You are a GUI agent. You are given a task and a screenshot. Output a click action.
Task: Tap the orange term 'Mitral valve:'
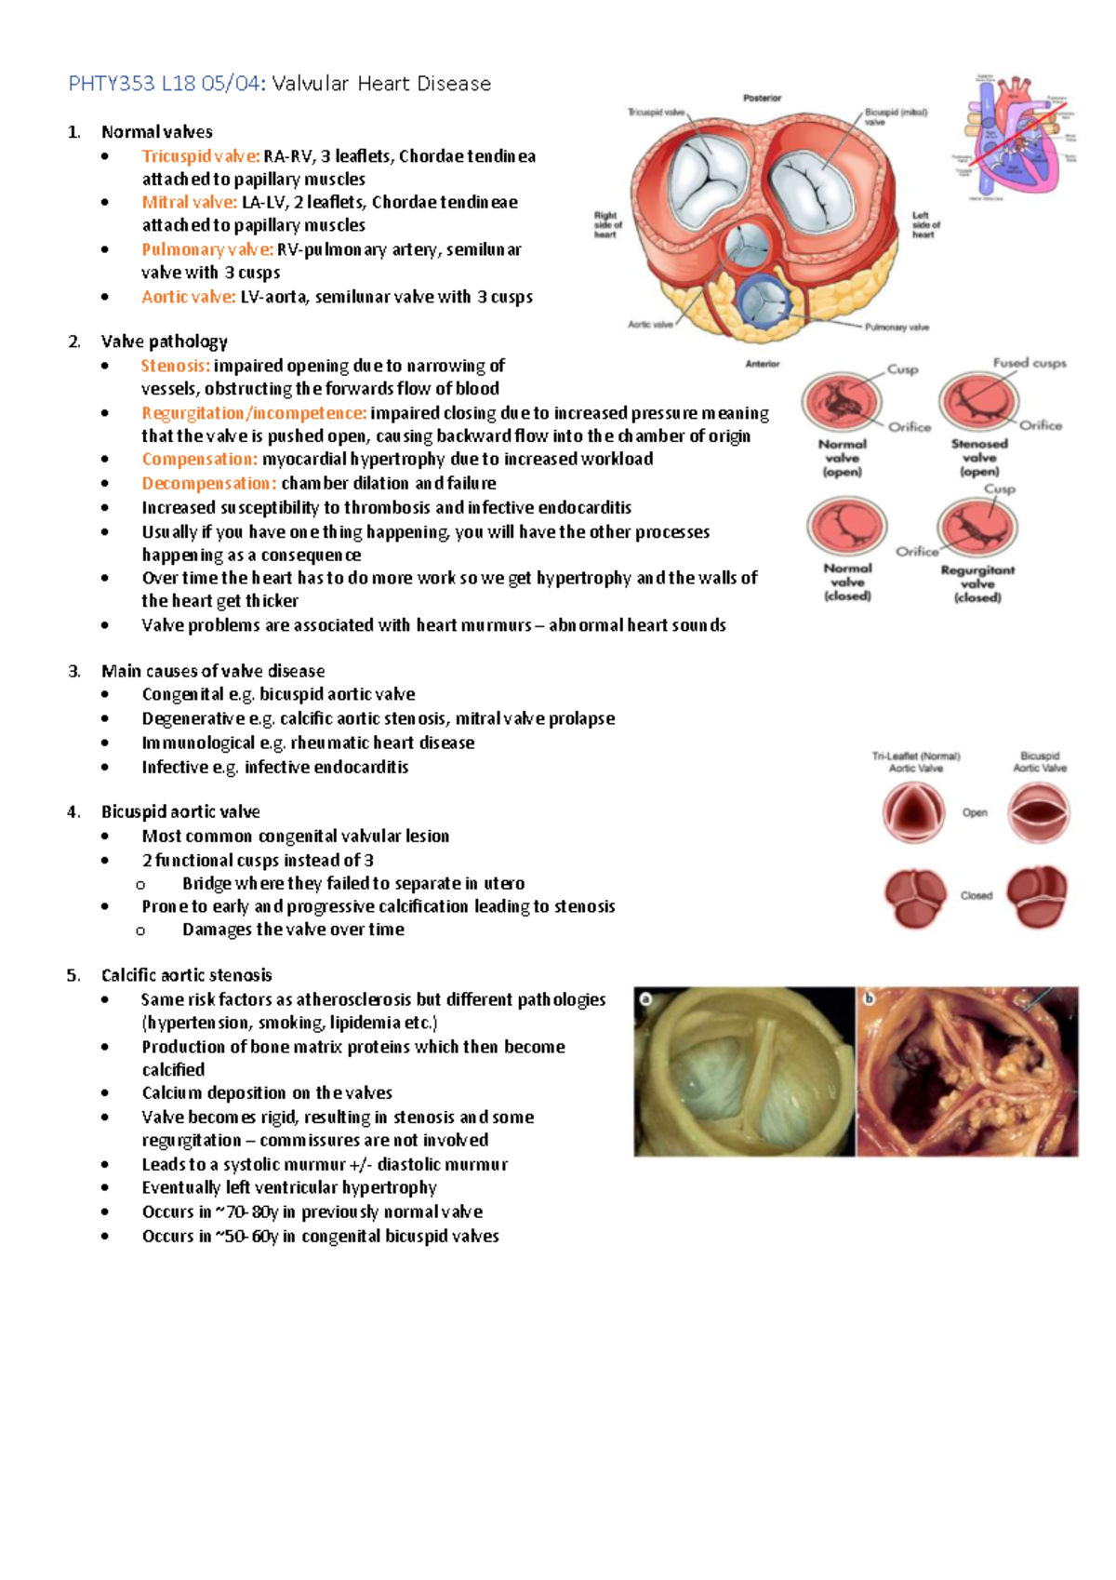coord(189,202)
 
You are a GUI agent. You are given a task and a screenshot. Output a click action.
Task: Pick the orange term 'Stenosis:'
coord(175,366)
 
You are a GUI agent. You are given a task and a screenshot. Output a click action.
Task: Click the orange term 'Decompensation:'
coord(208,483)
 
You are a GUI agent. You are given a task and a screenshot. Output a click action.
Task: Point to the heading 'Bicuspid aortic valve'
coord(180,811)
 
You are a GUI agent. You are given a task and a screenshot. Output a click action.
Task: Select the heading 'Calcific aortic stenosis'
coord(186,975)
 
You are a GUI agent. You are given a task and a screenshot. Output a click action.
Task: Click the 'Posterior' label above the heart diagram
coord(762,98)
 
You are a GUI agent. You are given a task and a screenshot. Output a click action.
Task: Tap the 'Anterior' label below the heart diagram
coord(762,364)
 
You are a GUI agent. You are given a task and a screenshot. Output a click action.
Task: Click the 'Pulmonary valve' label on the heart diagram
coord(897,328)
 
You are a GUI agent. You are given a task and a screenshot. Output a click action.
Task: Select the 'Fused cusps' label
coord(1030,363)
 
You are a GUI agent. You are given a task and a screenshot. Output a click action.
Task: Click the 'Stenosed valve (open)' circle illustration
coord(978,402)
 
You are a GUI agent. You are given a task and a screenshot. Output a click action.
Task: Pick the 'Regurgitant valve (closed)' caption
coord(977,583)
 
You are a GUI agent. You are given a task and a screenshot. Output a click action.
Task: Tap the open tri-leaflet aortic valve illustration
coord(913,812)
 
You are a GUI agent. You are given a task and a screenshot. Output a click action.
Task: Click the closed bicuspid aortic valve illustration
coord(1038,896)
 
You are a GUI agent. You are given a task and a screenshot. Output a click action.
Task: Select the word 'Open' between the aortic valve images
coord(975,812)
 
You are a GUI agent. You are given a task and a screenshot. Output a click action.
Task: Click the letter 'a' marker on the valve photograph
coord(645,999)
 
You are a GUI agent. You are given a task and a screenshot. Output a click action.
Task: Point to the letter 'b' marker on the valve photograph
coord(870,999)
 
